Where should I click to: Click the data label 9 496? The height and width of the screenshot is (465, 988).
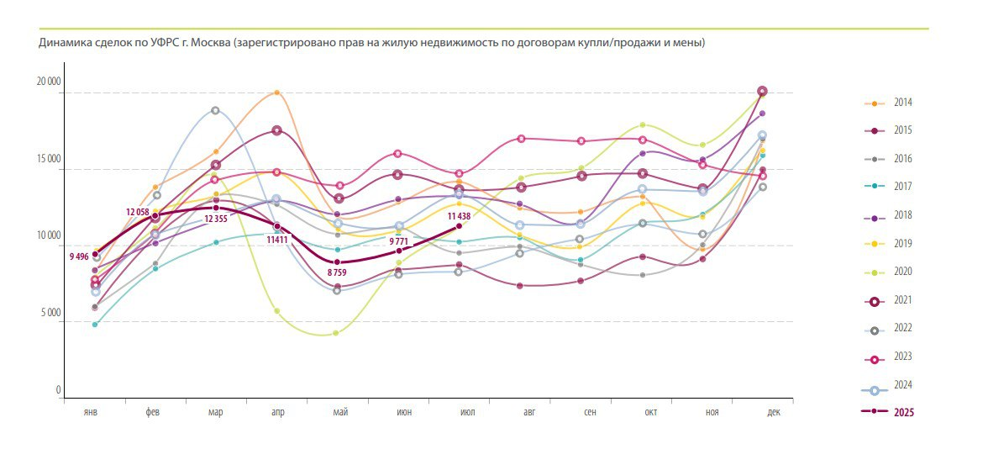(x=78, y=257)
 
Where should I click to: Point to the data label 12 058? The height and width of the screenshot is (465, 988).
(x=137, y=212)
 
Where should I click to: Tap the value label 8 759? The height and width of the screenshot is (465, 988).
(x=337, y=272)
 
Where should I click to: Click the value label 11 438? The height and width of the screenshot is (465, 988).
(x=460, y=216)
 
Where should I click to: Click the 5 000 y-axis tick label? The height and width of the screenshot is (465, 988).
(x=49, y=313)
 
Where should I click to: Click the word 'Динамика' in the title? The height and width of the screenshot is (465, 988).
(x=63, y=42)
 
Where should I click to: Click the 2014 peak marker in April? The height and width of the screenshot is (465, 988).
(x=277, y=92)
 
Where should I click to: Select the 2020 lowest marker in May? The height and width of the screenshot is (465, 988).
(x=336, y=333)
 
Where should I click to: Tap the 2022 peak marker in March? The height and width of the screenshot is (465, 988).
(x=215, y=110)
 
